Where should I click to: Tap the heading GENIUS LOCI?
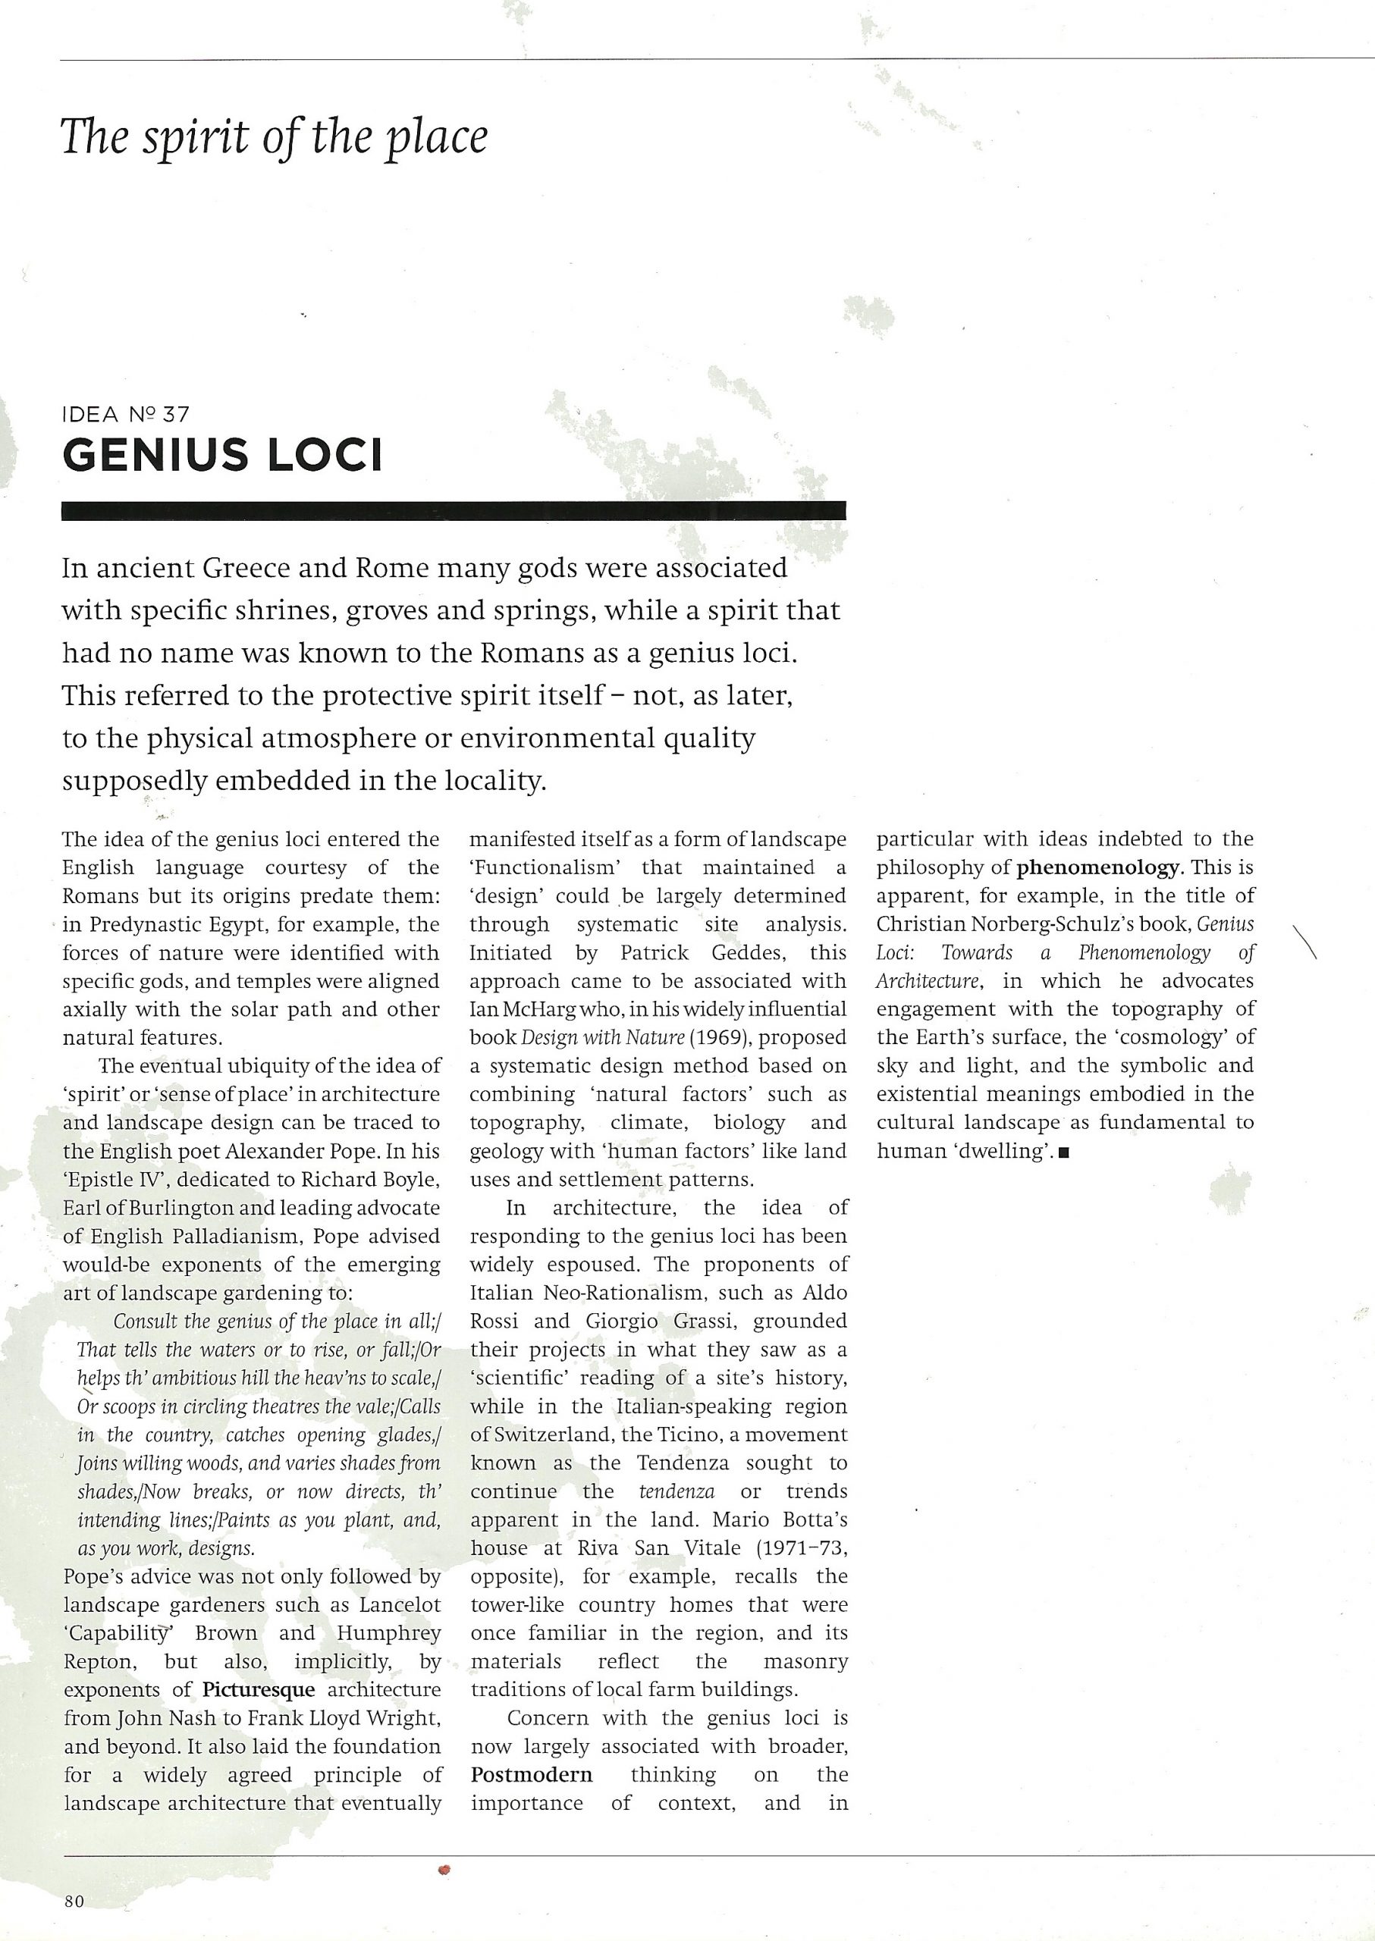click(x=223, y=456)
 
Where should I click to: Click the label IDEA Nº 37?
click(x=126, y=415)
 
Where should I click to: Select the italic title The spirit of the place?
click(x=275, y=137)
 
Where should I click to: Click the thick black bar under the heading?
click(x=454, y=510)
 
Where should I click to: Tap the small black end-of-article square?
click(x=1063, y=1152)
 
